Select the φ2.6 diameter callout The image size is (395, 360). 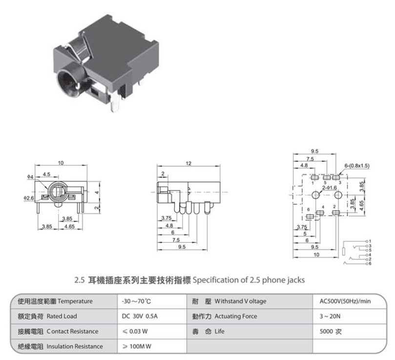pyautogui.click(x=30, y=198)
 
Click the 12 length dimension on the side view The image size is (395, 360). pyautogui.click(x=188, y=163)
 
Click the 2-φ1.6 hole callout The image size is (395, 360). pyautogui.click(x=329, y=187)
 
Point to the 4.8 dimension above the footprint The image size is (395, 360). pyautogui.click(x=303, y=165)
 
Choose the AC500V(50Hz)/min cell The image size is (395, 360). pyautogui.click(x=345, y=301)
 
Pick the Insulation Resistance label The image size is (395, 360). pyautogui.click(x=75, y=346)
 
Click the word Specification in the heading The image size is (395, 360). pyautogui.click(x=213, y=280)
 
